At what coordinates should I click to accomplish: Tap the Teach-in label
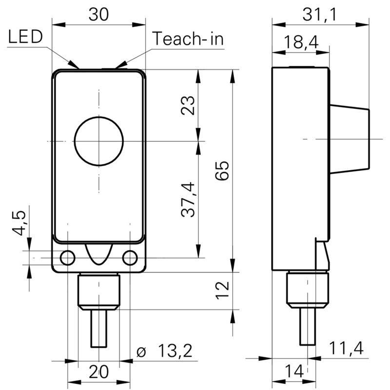pos(188,39)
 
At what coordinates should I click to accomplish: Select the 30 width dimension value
pos(98,15)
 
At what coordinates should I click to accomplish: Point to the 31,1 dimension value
pos(320,15)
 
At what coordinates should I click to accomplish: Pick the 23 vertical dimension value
pos(188,105)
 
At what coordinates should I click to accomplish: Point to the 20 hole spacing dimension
pos(98,373)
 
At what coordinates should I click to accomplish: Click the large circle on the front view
pos(99,141)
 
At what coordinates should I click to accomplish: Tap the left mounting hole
pos(67,257)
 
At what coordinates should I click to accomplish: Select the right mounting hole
pos(130,257)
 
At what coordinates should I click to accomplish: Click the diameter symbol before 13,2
pos(142,351)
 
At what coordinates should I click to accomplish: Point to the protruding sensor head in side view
pos(349,139)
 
